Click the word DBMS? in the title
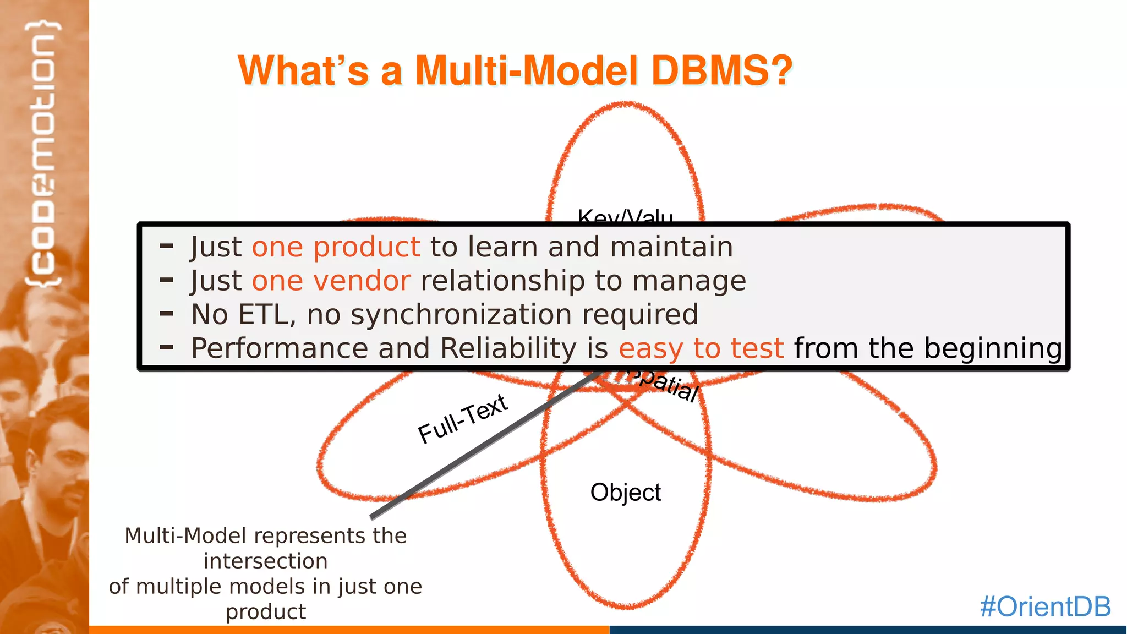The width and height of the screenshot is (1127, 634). pyautogui.click(x=721, y=70)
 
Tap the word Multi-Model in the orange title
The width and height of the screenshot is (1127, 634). pyautogui.click(x=526, y=70)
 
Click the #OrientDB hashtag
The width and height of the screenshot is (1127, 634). pyautogui.click(x=1045, y=606)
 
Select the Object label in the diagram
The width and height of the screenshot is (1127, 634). pyautogui.click(x=625, y=492)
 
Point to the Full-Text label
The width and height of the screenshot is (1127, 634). pyautogui.click(x=463, y=419)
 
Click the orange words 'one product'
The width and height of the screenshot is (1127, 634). pyautogui.click(x=336, y=247)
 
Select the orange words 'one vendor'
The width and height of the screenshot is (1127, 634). pyautogui.click(x=331, y=281)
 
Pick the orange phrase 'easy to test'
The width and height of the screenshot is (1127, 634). pyautogui.click(x=701, y=348)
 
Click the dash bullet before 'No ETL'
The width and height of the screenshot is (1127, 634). pyautogui.click(x=166, y=314)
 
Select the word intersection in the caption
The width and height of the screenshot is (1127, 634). pyautogui.click(x=265, y=561)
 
